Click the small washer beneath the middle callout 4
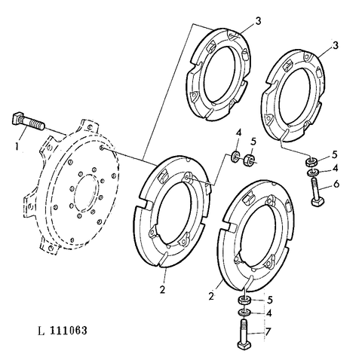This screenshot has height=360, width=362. click(x=236, y=158)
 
